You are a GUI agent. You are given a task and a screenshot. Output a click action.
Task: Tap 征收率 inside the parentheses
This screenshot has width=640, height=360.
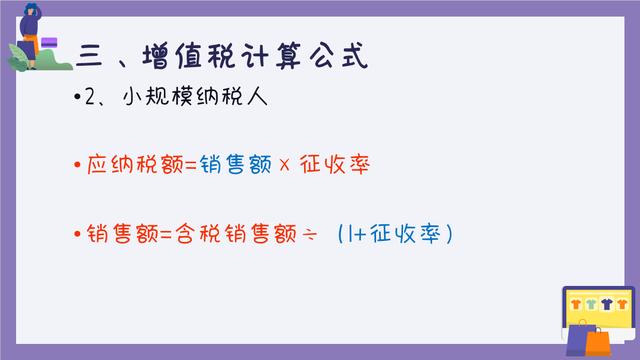coord(404,235)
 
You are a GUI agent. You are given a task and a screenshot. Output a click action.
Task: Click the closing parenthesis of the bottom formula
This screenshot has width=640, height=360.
coord(451,236)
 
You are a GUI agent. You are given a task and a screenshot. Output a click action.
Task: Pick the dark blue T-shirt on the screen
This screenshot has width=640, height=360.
coord(608,302)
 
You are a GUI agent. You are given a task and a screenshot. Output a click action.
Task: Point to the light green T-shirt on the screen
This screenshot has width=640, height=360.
coord(592,302)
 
